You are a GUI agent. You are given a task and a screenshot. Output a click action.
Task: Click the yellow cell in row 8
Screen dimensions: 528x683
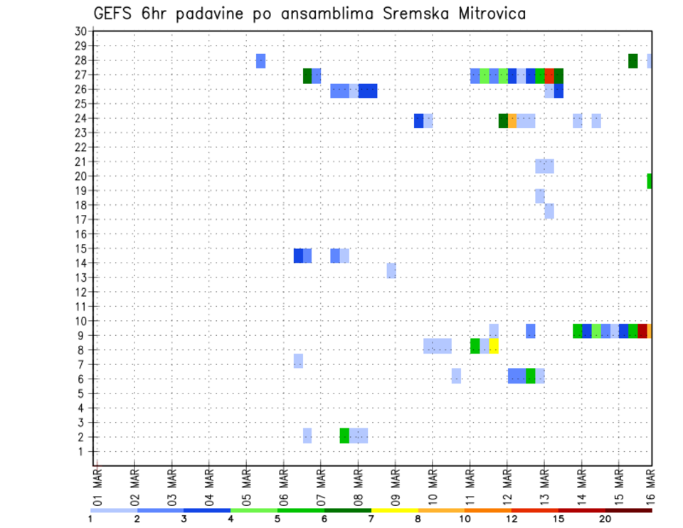tap(494, 347)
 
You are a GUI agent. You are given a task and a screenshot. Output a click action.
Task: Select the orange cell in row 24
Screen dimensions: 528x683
tap(512, 121)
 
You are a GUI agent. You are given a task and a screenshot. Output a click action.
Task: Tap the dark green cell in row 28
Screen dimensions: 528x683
tap(632, 61)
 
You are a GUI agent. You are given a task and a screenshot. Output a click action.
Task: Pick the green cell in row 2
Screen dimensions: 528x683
tap(344, 435)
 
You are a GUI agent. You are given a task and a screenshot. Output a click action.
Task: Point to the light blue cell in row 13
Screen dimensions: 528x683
tap(391, 270)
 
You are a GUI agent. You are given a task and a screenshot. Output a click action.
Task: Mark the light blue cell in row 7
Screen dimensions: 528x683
tap(298, 361)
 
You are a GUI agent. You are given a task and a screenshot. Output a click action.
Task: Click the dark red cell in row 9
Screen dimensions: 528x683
tap(642, 331)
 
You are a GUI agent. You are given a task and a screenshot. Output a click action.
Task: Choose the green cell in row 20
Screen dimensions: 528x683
tap(650, 181)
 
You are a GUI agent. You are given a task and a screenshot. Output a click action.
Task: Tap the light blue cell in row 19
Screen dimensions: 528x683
tap(540, 196)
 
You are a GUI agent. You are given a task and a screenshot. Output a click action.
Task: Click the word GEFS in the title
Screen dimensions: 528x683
tap(113, 13)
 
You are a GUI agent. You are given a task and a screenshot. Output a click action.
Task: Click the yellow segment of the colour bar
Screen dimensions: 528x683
tap(395, 510)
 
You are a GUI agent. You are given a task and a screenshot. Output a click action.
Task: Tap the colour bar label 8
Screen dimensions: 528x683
tap(418, 519)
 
